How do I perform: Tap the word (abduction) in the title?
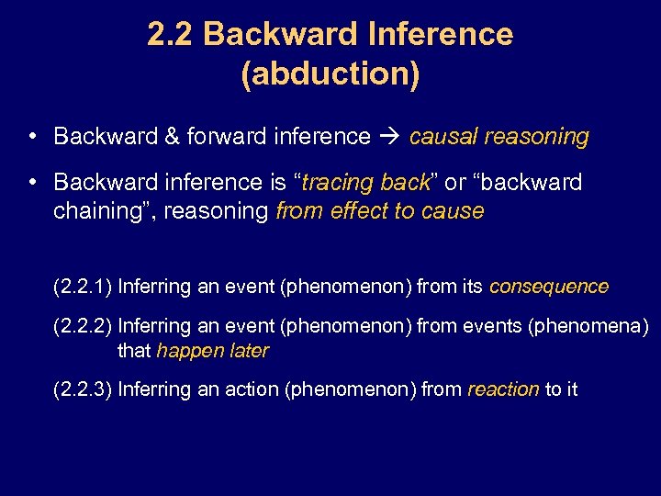click(x=330, y=74)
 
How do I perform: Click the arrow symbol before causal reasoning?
click(x=389, y=137)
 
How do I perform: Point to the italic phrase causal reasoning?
click(x=499, y=137)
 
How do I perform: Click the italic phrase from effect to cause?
click(x=379, y=210)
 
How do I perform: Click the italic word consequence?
click(x=548, y=287)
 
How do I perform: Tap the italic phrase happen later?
click(x=212, y=351)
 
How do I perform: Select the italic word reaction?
click(x=503, y=389)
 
